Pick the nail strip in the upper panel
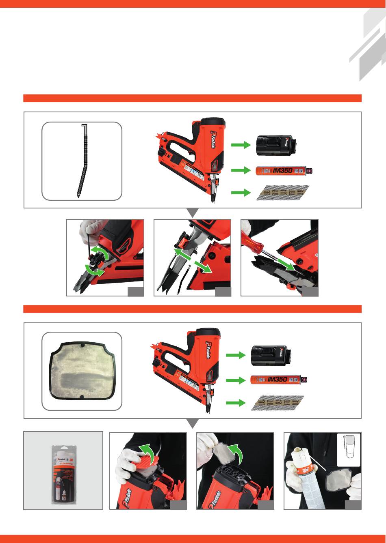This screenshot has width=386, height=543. coord(283,193)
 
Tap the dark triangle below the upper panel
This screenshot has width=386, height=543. coord(193,213)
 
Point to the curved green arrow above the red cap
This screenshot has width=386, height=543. coord(150,453)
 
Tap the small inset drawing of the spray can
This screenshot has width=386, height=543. coord(349,450)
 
